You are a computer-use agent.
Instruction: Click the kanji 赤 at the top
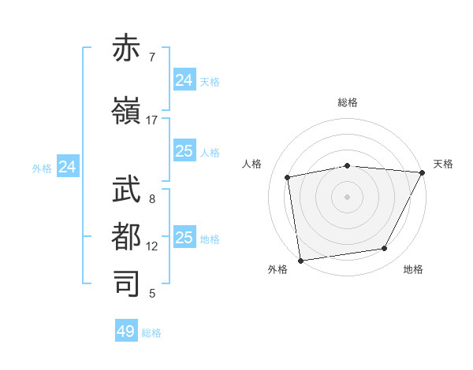tap(127, 50)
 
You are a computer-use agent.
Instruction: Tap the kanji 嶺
tap(127, 113)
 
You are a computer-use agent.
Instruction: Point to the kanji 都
tap(127, 236)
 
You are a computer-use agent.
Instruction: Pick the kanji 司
tap(127, 283)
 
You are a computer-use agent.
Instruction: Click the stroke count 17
tap(152, 120)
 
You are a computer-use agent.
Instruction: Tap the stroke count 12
tap(152, 246)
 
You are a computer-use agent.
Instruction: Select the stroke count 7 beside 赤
tap(152, 57)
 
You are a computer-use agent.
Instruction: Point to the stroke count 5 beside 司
tap(152, 294)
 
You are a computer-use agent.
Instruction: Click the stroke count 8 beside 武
tap(152, 199)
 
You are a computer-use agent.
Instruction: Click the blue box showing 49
tap(126, 331)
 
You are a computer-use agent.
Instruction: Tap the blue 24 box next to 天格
tap(184, 80)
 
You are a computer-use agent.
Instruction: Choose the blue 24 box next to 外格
tap(68, 167)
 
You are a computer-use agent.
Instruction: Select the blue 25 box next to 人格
tap(184, 151)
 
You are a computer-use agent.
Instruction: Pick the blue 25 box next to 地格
tap(184, 238)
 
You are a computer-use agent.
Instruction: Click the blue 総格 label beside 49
tap(152, 333)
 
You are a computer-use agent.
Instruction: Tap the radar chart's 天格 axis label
tap(443, 164)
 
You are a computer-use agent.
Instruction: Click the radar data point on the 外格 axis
tap(300, 261)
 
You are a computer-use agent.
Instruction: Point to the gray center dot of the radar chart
tap(348, 197)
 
